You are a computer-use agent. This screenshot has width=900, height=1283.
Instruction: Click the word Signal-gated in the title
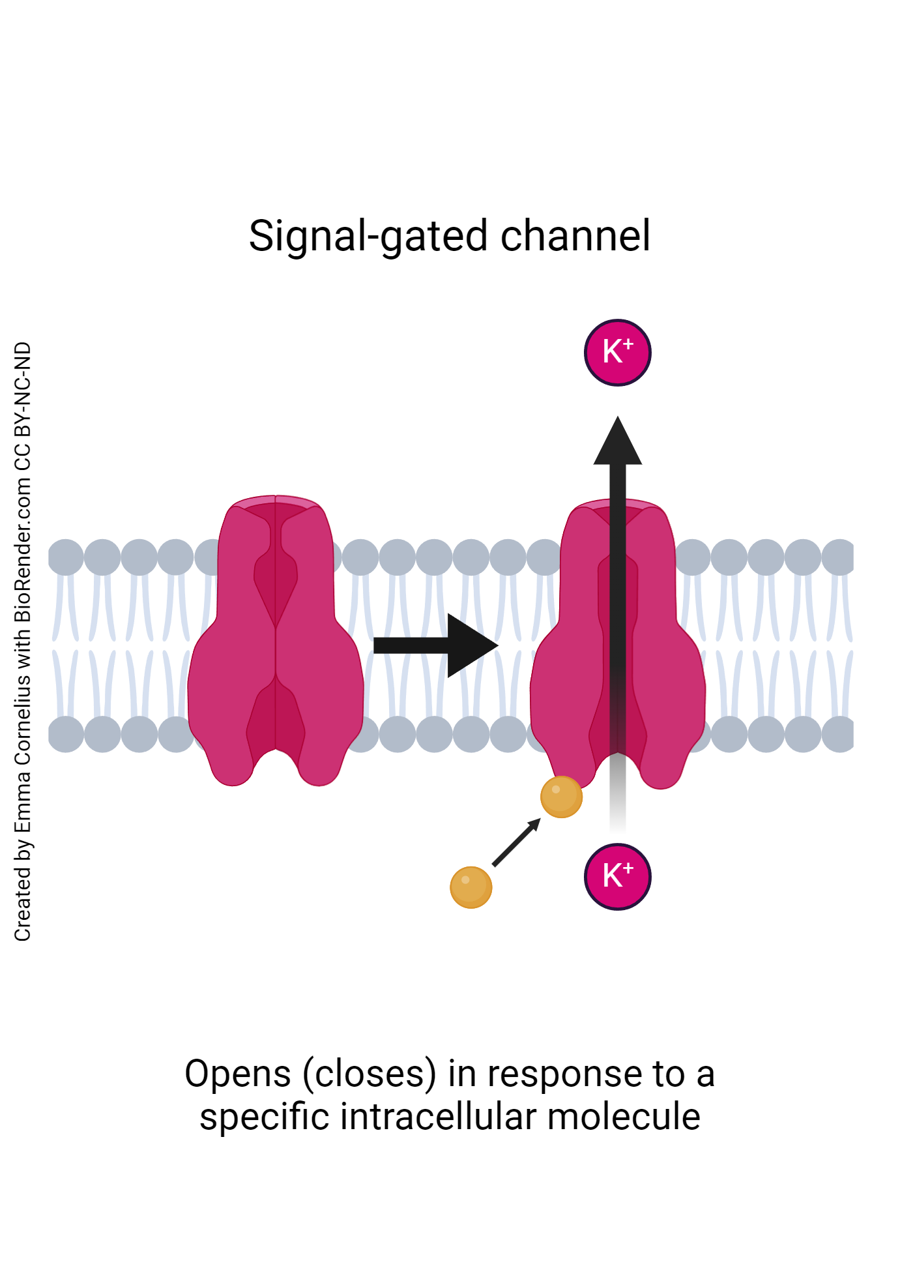click(368, 236)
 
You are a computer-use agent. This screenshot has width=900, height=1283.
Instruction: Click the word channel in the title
click(575, 236)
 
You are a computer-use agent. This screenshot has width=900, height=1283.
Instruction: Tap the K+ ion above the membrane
click(617, 353)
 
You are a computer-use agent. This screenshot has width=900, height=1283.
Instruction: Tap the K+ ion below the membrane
click(617, 876)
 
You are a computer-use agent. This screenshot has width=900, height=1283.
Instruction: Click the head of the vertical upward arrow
click(617, 443)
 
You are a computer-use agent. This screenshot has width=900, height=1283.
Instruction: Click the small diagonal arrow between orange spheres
click(515, 843)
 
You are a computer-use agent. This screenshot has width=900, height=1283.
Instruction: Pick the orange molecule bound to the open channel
click(561, 797)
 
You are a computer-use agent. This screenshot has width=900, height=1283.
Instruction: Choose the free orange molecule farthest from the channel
click(471, 887)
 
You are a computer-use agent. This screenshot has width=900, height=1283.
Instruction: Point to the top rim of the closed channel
click(276, 501)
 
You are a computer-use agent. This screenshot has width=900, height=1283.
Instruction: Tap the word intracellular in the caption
click(441, 1117)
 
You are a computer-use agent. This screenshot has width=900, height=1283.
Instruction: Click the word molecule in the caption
click(624, 1117)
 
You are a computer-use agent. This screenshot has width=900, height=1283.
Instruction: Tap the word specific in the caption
click(266, 1117)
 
